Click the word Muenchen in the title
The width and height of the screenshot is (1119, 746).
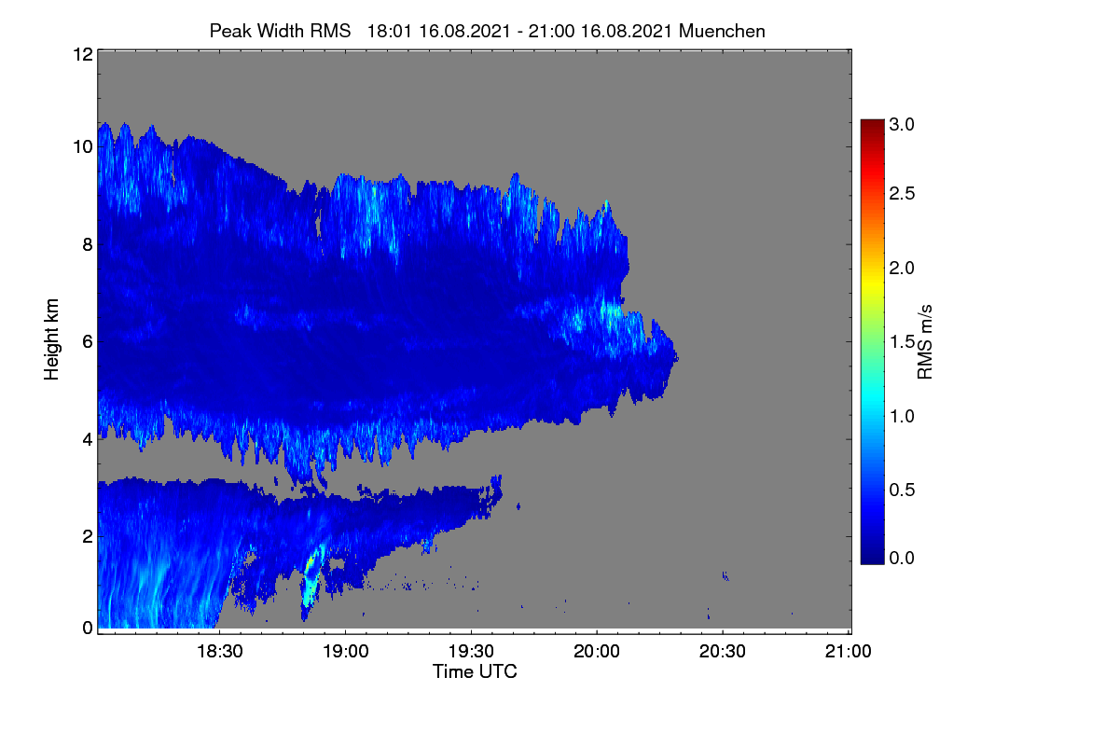click(722, 31)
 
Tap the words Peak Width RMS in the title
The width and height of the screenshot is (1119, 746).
click(280, 31)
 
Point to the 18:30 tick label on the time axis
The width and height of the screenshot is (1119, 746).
click(220, 651)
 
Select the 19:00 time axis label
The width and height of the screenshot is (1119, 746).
click(346, 651)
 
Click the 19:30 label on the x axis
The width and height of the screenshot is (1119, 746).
click(471, 651)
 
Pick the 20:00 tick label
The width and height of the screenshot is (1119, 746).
click(597, 651)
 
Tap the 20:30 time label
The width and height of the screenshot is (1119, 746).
click(723, 651)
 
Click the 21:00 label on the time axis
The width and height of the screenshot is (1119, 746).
click(848, 651)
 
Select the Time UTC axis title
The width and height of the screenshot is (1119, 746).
click(475, 671)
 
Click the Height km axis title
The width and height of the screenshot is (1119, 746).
click(51, 339)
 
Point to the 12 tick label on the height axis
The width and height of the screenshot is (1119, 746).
click(83, 54)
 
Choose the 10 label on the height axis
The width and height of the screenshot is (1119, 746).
click(83, 147)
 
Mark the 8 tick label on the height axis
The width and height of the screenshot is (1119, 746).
click(88, 245)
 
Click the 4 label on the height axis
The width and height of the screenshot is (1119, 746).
click(88, 440)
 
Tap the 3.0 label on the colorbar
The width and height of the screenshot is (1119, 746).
click(902, 124)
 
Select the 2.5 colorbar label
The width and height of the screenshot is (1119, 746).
click(902, 193)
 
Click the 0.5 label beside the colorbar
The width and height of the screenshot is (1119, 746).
click(902, 490)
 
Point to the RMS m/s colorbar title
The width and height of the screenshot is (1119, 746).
click(925, 342)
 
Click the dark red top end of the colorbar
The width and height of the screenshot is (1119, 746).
click(872, 122)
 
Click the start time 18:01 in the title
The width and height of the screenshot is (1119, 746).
click(390, 31)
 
